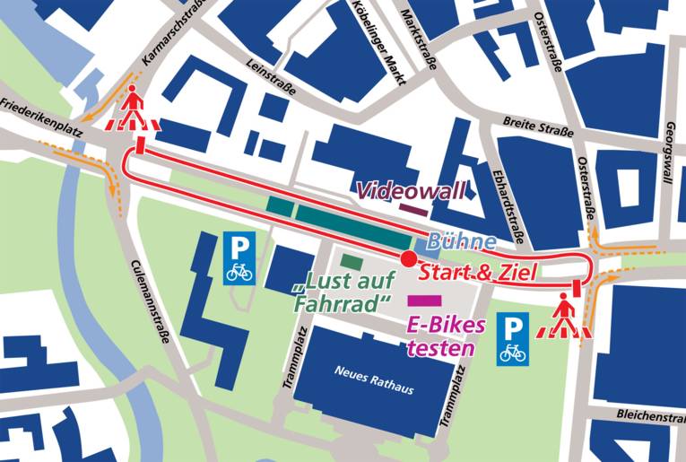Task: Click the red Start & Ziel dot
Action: click(407, 259)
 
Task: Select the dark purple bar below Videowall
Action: click(412, 209)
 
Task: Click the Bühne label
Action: click(461, 242)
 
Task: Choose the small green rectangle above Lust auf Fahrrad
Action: click(352, 262)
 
